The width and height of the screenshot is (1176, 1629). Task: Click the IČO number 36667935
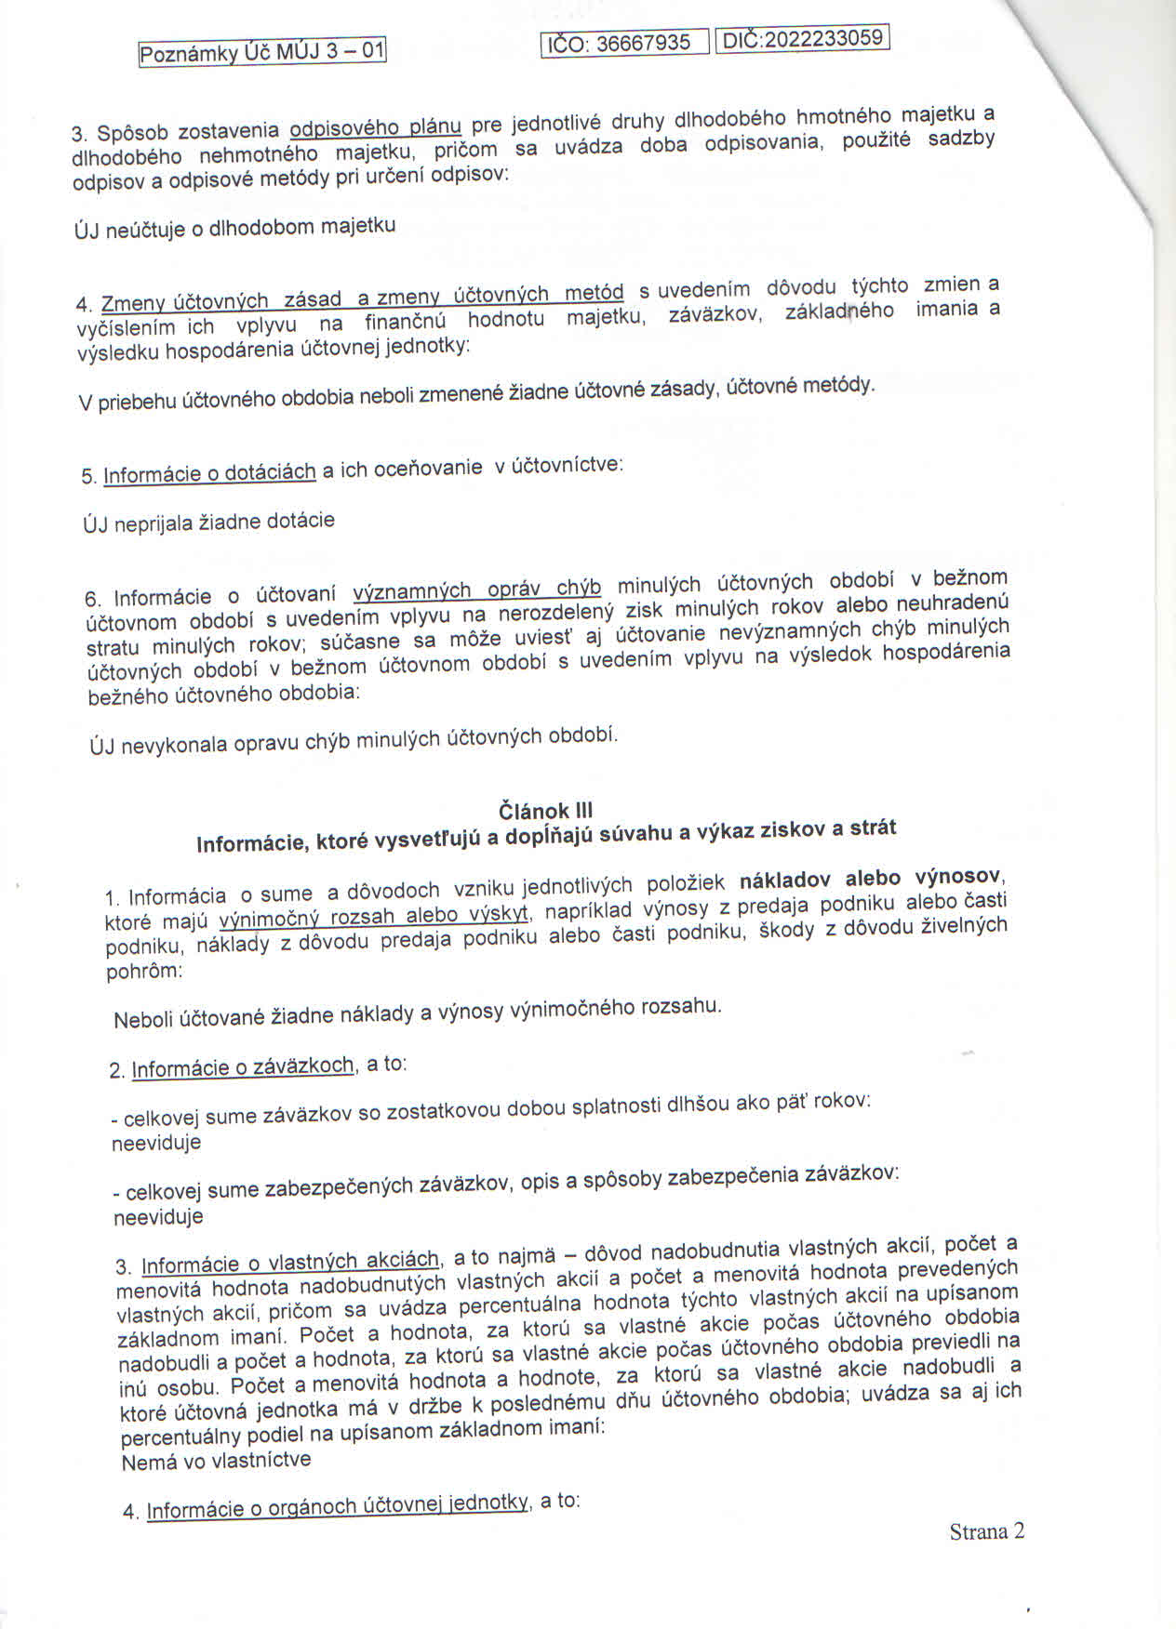pos(642,43)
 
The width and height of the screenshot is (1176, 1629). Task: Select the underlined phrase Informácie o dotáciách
pos(209,473)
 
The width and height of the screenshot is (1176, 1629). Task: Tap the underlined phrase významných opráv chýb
pos(477,590)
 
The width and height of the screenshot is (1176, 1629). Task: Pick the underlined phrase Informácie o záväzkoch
pos(243,1067)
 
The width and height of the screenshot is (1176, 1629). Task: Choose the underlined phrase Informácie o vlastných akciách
pos(289,1263)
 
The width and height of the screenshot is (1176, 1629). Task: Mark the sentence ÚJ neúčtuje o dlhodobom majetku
pos(234,227)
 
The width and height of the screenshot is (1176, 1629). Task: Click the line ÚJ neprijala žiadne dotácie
pos(208,522)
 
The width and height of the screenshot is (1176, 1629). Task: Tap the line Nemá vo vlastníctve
pos(216,1461)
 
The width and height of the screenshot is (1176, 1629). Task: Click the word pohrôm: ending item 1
pos(145,972)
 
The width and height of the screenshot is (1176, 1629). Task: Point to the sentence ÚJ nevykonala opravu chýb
pos(354,740)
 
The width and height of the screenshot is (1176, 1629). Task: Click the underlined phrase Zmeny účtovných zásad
pos(224,301)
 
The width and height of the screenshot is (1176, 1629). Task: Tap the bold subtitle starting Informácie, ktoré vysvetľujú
pos(546,835)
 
